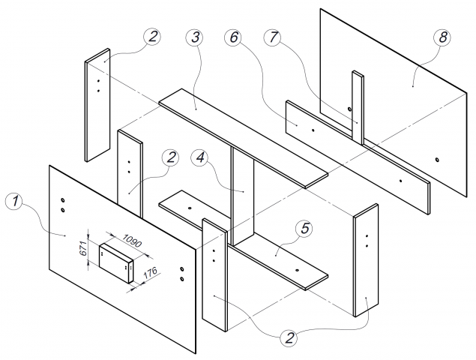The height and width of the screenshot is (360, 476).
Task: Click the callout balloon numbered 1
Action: (x=13, y=202)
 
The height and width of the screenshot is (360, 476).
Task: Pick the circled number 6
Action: (x=232, y=37)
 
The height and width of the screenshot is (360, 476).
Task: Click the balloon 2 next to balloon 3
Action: (x=153, y=37)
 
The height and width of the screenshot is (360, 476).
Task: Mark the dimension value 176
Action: (x=149, y=271)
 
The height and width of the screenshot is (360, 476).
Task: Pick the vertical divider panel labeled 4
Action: (x=244, y=195)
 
